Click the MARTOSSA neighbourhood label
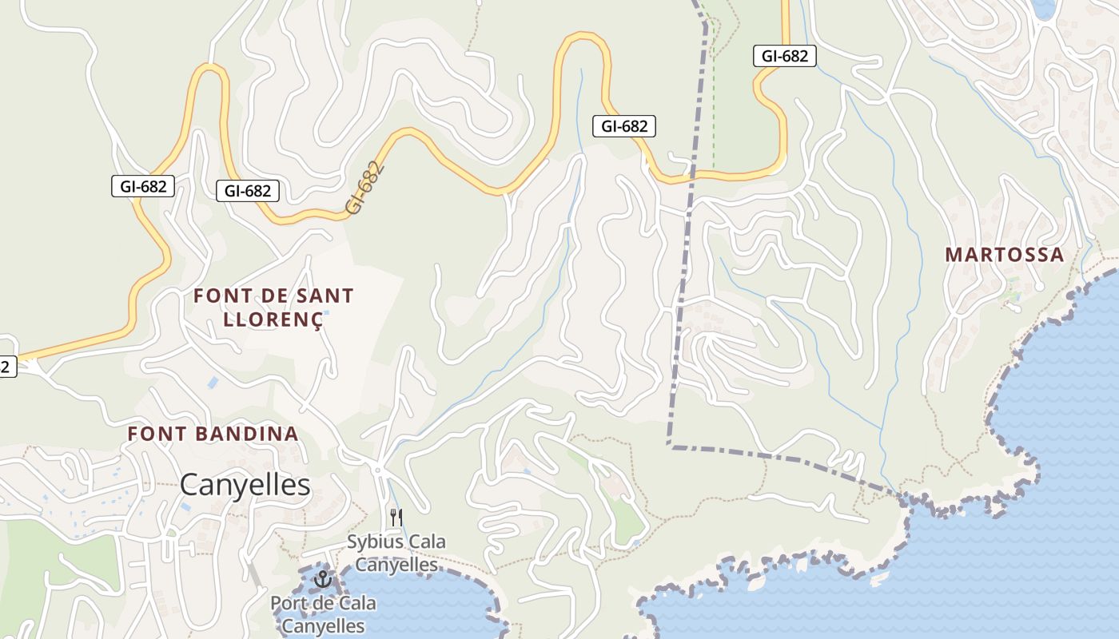pos(1005,255)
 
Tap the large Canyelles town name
pos(245,484)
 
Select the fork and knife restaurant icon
pos(396,517)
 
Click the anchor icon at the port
pos(323,578)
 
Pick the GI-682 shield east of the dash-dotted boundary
pos(785,56)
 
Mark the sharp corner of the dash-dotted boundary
pos(670,446)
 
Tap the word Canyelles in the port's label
pos(323,625)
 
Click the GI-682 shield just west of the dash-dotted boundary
pos(624,126)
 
